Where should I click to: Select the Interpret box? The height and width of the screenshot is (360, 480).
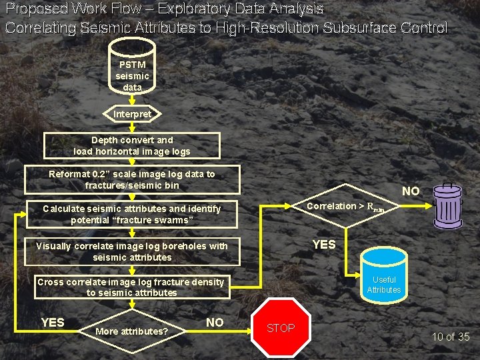point(132,114)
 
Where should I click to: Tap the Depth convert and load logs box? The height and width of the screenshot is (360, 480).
point(131,145)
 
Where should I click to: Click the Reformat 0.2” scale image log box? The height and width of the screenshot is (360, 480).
point(132,179)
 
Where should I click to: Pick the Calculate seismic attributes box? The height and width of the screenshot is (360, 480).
point(131,214)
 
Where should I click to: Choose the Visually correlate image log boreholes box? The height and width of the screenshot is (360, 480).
point(131,251)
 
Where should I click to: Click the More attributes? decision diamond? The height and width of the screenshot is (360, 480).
point(132,331)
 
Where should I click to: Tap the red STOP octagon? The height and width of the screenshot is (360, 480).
point(281,328)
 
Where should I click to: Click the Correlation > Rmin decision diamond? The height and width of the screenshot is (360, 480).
point(345,207)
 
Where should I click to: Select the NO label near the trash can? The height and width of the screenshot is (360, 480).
point(411,191)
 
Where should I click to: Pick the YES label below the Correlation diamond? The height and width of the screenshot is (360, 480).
point(324,245)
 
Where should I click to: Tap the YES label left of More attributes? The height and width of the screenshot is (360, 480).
point(53,323)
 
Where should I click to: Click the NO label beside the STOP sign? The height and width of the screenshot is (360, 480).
point(215,323)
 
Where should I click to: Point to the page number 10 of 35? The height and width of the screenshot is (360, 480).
point(451,337)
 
